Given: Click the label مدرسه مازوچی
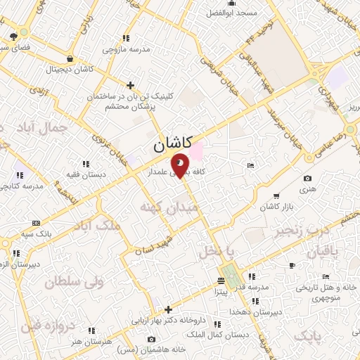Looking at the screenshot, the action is click(x=126, y=49).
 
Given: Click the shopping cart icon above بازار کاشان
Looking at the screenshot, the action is click(x=276, y=195).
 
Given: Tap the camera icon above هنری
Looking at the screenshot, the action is click(x=307, y=179).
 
